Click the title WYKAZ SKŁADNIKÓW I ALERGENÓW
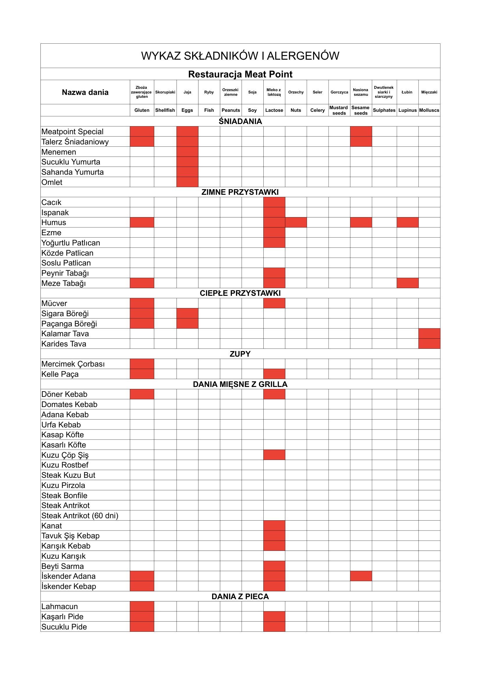(x=240, y=56)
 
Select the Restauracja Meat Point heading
(x=240, y=74)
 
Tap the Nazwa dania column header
(x=85, y=92)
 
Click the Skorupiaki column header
(x=165, y=92)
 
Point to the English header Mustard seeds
(x=339, y=110)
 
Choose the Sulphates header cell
(x=384, y=110)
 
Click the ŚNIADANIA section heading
(x=240, y=121)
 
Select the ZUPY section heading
(x=240, y=354)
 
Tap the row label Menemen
(x=59, y=152)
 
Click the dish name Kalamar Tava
(x=65, y=334)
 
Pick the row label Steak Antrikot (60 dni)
(x=80, y=516)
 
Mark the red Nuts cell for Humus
(x=296, y=222)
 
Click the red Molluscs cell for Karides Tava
(x=429, y=344)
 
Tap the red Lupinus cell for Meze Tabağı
(x=407, y=283)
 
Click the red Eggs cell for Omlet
(x=187, y=182)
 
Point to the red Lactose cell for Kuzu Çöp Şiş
(x=274, y=455)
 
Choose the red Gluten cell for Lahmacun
(x=142, y=606)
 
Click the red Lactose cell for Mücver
(x=274, y=303)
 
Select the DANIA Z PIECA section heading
(x=240, y=597)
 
